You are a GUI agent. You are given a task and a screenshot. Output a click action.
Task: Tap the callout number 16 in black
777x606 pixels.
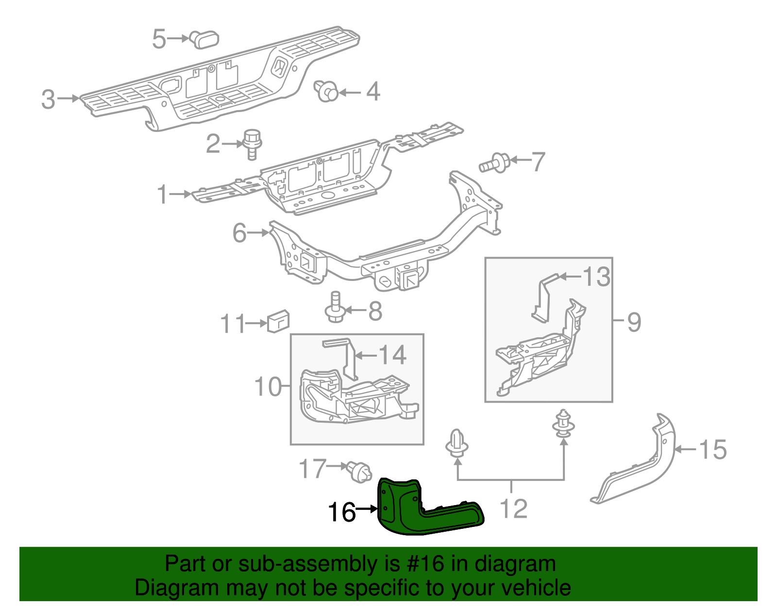[x=342, y=512]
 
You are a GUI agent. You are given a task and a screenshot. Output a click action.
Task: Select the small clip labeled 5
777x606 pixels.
[x=204, y=39]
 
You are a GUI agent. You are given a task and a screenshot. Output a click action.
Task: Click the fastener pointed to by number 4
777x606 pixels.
[x=327, y=91]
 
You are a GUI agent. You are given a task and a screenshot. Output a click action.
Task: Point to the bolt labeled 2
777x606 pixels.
[x=252, y=144]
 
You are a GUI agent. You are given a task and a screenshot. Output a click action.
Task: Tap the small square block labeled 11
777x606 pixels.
[x=278, y=321]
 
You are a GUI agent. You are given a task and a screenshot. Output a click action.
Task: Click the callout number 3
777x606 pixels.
[x=48, y=99]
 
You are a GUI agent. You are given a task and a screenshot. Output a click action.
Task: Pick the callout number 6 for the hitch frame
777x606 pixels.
[x=239, y=233]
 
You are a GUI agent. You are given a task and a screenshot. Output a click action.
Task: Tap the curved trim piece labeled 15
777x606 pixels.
[x=646, y=466]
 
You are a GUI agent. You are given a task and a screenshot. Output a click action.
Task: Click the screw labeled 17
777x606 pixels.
[x=360, y=472]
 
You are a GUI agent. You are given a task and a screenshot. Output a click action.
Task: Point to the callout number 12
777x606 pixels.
[x=513, y=509]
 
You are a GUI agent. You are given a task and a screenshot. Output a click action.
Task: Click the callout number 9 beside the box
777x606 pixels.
[x=634, y=322]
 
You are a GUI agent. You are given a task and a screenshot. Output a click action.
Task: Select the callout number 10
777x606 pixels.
[x=268, y=387]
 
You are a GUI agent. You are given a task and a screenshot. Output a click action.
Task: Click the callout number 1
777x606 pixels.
[x=162, y=195]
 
